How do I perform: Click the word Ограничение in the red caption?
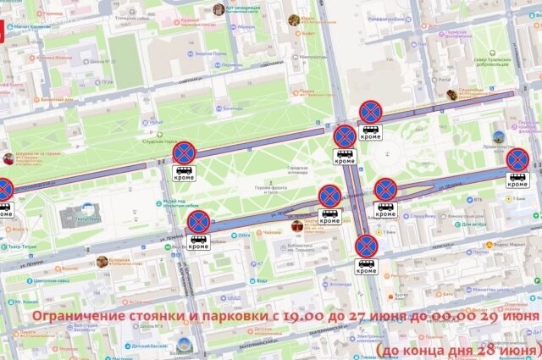73,318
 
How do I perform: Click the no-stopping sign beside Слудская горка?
184,152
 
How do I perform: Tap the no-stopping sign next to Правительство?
517,158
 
